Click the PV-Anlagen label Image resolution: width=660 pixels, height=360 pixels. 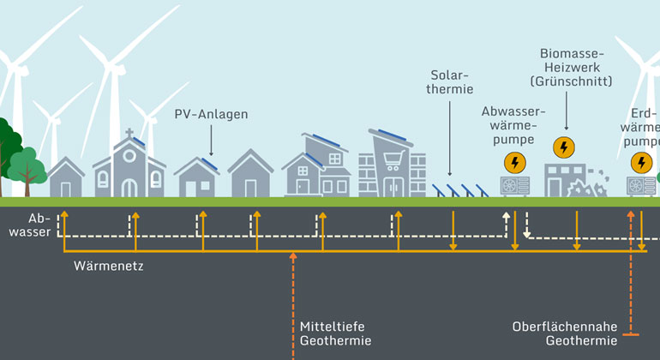pos(211,114)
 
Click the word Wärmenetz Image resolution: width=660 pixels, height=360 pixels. pos(109,267)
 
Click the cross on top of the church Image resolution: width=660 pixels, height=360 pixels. pos(129,135)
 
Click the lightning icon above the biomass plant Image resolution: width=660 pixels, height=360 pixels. pos(564,147)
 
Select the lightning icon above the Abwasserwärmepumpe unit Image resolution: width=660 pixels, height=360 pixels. pos(514,162)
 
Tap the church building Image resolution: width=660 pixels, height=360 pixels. pos(129,171)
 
